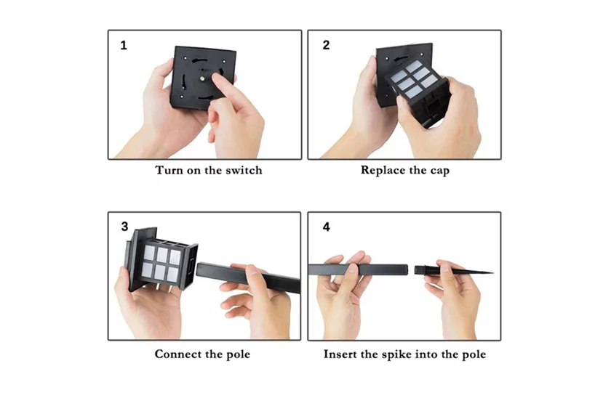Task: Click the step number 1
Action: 124,46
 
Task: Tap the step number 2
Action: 326,45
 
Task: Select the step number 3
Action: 124,227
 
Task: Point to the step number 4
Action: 327,227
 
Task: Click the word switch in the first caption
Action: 244,171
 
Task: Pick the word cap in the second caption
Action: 440,171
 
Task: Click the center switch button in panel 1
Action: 203,78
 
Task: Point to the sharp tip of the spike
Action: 492,272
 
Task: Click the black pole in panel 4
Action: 358,269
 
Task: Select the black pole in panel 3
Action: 248,277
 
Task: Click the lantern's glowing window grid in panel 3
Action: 161,263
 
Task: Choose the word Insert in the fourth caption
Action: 338,354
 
